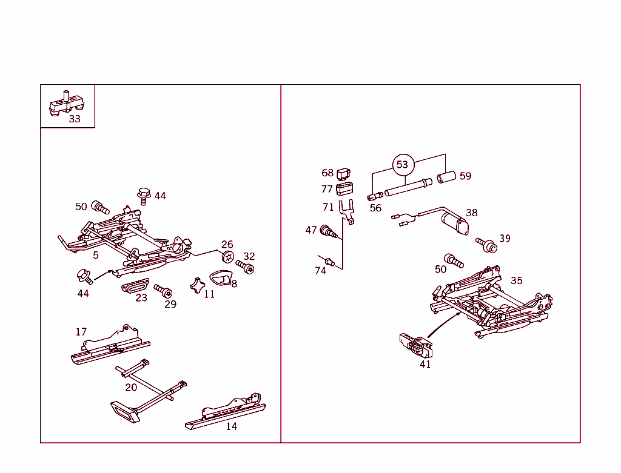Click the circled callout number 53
coord(402,164)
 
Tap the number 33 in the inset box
coord(74,119)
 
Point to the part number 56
coord(375,208)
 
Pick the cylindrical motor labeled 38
coord(454,223)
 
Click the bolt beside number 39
coord(486,244)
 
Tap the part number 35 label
coord(516,280)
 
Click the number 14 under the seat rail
coord(232,426)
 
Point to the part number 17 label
coord(81,331)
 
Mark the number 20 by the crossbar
coord(131,388)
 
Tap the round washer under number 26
coord(227,257)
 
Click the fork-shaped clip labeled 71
coord(347,213)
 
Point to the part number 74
coord(320,271)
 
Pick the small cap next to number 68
coord(344,174)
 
